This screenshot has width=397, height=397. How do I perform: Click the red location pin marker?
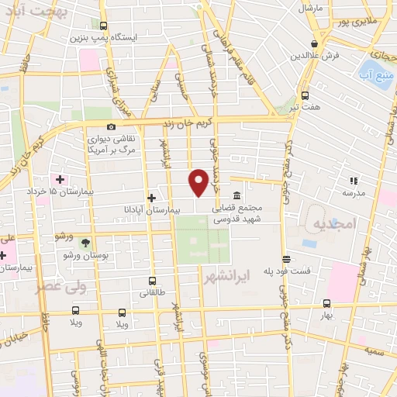pyautogui.click(x=198, y=182)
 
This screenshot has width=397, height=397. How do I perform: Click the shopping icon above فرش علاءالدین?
pyautogui.click(x=314, y=44)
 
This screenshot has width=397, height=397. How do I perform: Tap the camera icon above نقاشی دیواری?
pyautogui.click(x=112, y=126)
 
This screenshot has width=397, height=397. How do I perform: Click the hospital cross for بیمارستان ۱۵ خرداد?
pyautogui.click(x=60, y=179)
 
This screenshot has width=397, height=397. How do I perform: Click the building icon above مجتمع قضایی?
pyautogui.click(x=236, y=196)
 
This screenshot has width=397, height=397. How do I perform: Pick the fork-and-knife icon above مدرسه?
pyautogui.click(x=354, y=181)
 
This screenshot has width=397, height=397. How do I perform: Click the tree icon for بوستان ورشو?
pyautogui.click(x=86, y=242)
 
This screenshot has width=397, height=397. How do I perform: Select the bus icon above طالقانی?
pyautogui.click(x=152, y=282)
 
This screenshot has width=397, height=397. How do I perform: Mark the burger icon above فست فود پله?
pyautogui.click(x=286, y=259)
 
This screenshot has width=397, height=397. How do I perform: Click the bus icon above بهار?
pyautogui.click(x=326, y=304)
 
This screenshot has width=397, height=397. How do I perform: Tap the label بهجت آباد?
pyautogui.click(x=62, y=11)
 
